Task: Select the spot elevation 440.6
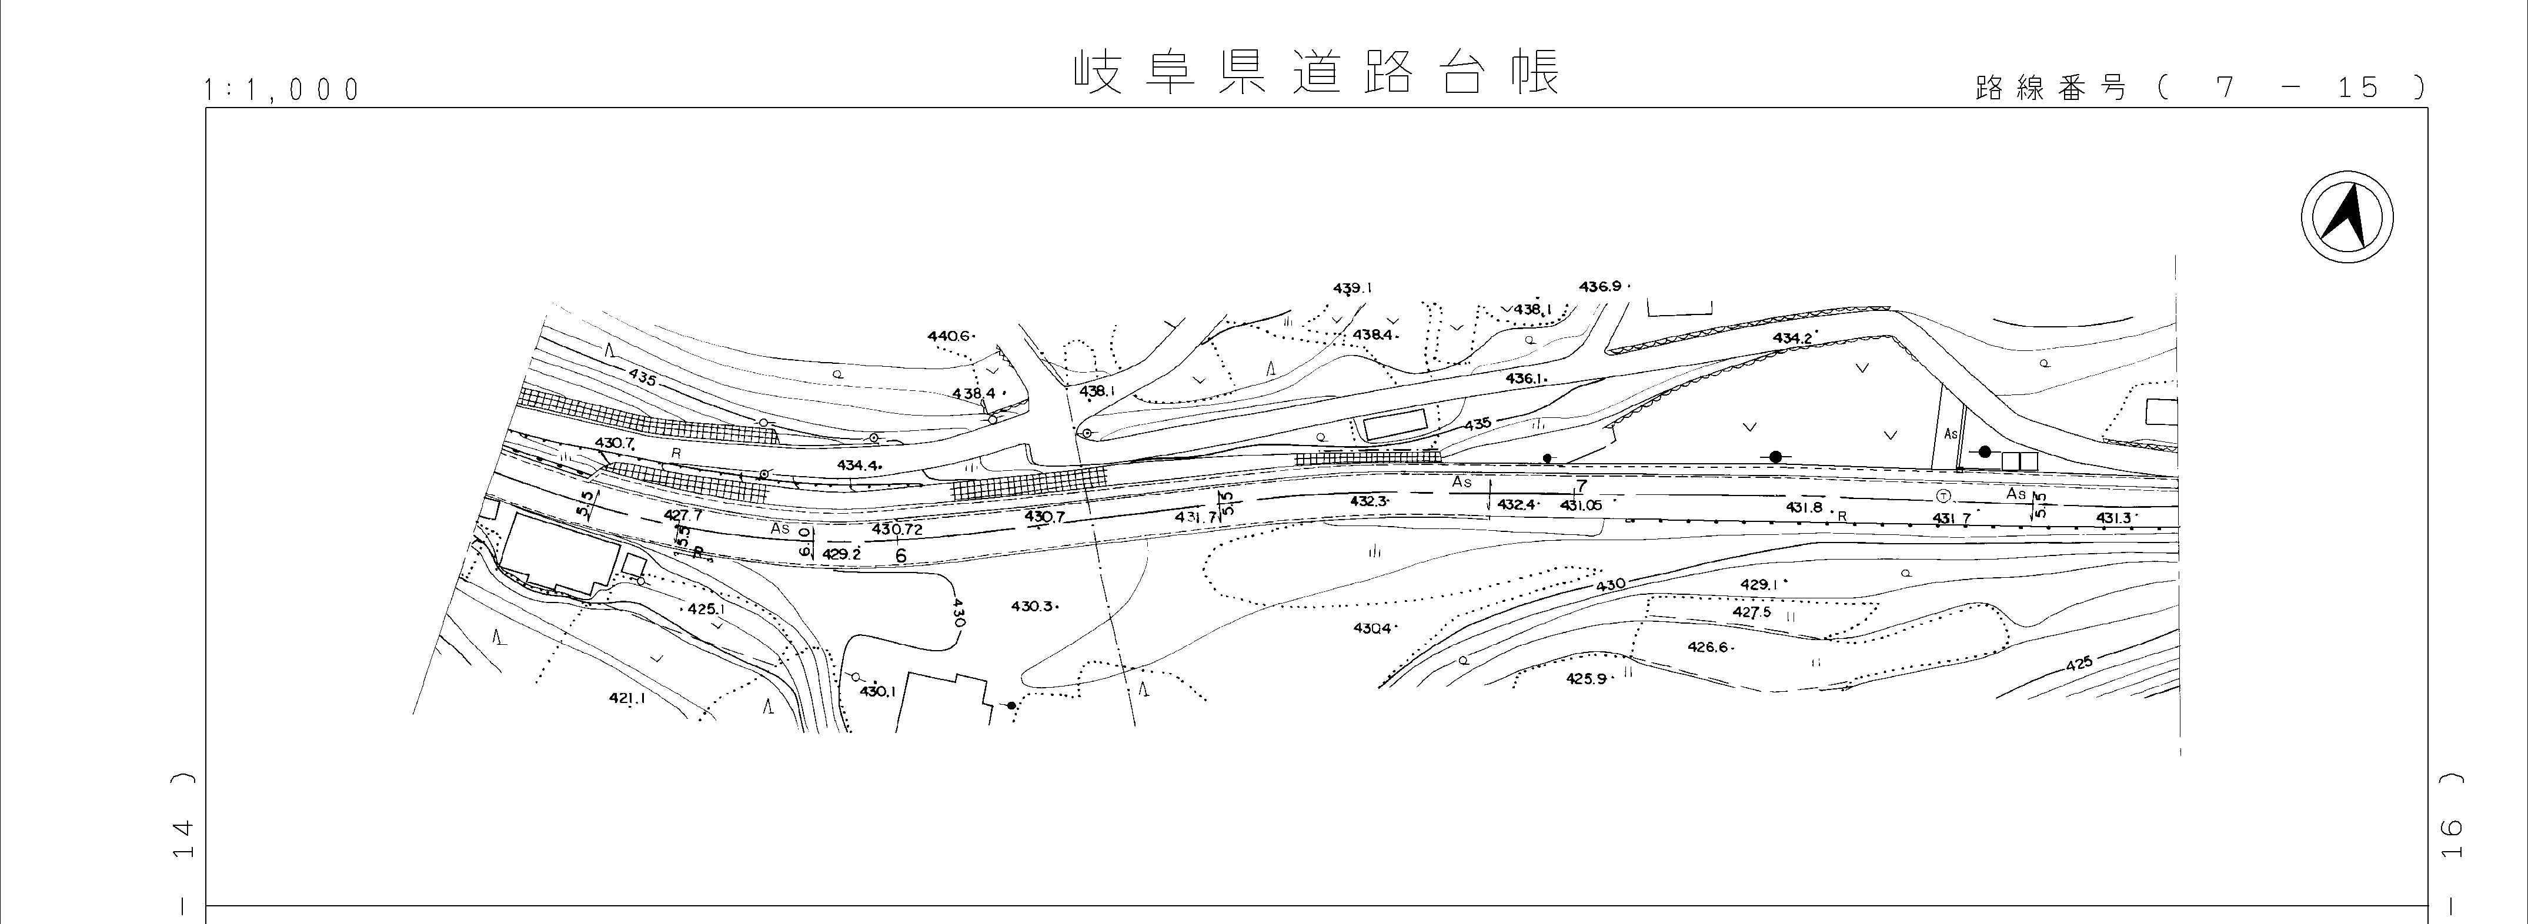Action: [948, 336]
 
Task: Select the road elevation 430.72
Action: [897, 530]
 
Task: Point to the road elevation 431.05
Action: [1581, 505]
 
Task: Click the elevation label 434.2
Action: [1792, 339]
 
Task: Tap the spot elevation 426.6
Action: [1708, 647]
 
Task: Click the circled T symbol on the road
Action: [1943, 496]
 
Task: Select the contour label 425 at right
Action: [2079, 664]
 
